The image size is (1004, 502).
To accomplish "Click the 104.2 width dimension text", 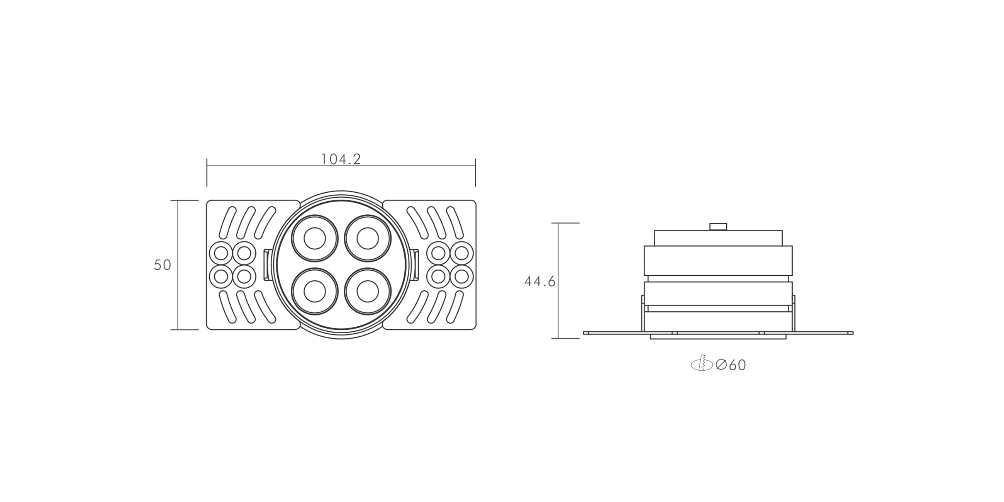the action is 341,159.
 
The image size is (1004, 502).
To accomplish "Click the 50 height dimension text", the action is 163,265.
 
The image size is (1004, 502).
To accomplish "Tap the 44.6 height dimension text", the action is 540,282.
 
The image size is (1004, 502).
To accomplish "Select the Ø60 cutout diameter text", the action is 731,365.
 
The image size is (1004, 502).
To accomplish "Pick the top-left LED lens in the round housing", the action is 315,238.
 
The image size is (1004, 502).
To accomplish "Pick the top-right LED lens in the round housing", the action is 368,238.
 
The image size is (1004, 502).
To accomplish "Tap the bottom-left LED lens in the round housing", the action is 315,291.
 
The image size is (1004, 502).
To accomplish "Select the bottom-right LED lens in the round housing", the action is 368,291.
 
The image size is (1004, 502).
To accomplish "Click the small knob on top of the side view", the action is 718,226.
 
